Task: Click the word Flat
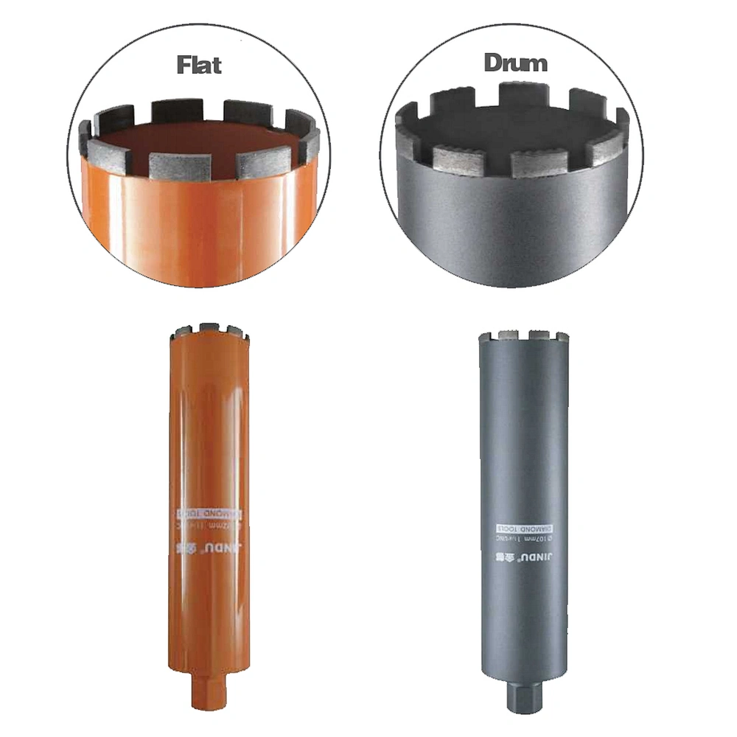[x=198, y=64]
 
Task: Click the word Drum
[x=515, y=63]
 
